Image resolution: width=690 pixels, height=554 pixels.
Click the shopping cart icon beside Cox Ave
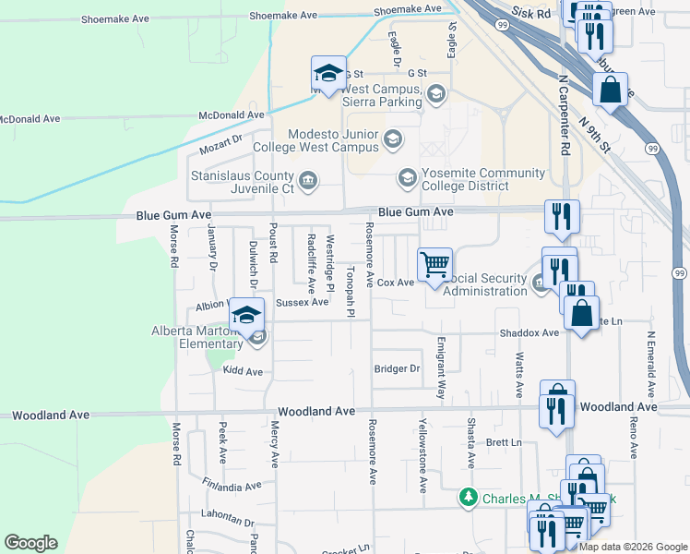point(434,264)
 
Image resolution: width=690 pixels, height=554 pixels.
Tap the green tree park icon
point(469,499)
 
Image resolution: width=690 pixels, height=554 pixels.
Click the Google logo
point(30,543)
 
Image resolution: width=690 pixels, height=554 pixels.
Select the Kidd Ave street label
point(243,371)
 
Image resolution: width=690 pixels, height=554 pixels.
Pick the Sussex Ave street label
point(302,302)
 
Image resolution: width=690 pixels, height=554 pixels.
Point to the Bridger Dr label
point(397,368)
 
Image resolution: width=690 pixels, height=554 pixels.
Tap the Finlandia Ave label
point(232,486)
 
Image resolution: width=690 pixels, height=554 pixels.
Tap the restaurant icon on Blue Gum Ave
point(562,217)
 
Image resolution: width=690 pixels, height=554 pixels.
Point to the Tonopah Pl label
point(351,291)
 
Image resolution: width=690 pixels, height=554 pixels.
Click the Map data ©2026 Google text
point(633,546)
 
